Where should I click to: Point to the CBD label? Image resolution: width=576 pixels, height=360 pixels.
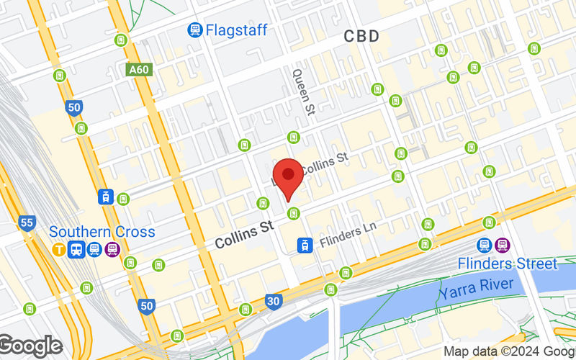pyautogui.click(x=361, y=36)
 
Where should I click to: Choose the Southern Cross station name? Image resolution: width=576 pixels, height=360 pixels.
pyautogui.click(x=102, y=232)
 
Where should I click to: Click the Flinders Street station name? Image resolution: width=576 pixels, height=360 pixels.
pyautogui.click(x=508, y=264)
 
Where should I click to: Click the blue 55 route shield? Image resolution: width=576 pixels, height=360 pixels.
pyautogui.click(x=27, y=222)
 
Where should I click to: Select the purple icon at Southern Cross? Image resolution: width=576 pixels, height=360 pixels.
pyautogui.click(x=112, y=250)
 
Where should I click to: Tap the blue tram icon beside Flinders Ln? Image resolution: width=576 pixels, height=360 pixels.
pyautogui.click(x=305, y=246)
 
